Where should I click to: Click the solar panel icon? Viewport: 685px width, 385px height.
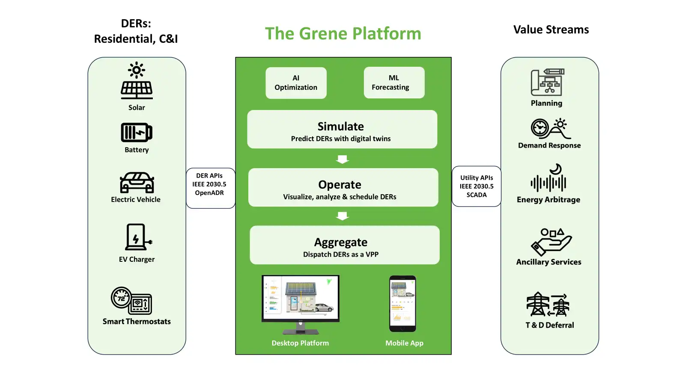137,81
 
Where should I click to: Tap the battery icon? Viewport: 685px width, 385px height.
137,132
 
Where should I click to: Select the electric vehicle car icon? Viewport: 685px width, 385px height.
137,182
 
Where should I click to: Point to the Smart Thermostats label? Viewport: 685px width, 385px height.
137,321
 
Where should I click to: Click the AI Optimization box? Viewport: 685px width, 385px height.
296,83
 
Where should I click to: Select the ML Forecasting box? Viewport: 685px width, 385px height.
394,83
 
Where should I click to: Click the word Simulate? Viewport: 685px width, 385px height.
341,126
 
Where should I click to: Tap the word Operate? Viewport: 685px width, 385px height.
340,184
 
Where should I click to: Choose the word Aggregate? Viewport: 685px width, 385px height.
341,242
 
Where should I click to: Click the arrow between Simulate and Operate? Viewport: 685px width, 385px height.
342,159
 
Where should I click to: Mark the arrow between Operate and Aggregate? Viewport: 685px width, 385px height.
342,216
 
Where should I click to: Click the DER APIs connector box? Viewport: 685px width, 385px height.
211,188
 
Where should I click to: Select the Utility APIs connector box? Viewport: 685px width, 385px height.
477,187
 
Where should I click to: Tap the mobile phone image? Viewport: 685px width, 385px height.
402,304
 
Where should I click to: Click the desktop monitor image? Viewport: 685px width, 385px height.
300,304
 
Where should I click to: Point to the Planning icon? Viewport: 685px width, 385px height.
548,82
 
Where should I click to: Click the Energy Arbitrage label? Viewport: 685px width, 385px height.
548,200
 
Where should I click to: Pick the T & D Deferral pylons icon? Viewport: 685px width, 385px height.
548,304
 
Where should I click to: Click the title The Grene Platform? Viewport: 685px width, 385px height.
343,33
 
